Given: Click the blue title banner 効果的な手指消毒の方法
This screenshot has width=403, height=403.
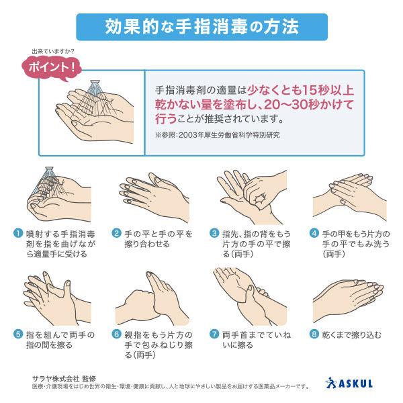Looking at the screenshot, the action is coord(201,27).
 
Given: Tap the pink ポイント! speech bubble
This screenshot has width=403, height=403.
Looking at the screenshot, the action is coord(52,68).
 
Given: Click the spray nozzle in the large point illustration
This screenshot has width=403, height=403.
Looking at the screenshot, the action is coord(96,83).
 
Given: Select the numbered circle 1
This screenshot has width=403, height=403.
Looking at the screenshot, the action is coord(18,233).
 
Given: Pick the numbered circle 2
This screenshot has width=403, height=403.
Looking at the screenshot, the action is coord(116,233).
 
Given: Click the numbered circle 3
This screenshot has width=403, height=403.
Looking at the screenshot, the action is coord(214,233).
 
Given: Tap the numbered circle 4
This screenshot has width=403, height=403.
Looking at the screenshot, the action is coord(314,233).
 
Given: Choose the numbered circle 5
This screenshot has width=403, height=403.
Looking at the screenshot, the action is coord(18,334).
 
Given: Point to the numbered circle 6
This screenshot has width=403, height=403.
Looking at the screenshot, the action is coord(116,334).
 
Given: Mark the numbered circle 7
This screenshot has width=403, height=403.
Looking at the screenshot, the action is coord(214,334).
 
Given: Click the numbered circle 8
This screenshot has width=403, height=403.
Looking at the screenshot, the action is coord(314,334).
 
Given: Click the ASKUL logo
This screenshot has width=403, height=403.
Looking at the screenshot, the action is coord(349,383).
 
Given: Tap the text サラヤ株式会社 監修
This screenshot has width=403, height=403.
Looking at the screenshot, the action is coord(64,378).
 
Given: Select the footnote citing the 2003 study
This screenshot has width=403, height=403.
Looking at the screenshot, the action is coord(218,135).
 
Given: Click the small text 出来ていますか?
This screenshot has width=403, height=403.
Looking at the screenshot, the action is coord(53,52).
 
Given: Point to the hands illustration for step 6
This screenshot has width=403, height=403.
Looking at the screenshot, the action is coord(152,298).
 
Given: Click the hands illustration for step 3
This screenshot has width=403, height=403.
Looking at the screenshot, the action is coord(252,197).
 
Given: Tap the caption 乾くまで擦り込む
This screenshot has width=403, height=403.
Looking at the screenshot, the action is coord(351,334).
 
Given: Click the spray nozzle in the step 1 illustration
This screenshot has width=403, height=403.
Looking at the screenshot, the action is coord(49,169).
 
